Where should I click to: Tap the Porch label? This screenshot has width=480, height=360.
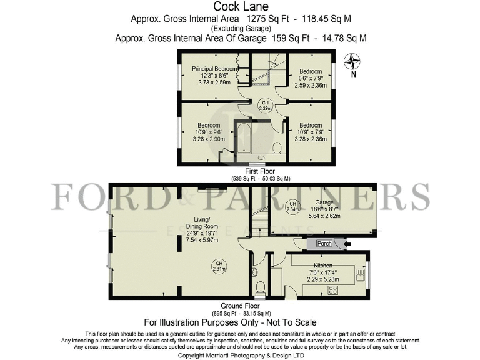point(324,243)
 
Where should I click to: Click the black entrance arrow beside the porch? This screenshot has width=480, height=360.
point(347,243)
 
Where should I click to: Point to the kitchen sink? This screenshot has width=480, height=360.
point(360,273)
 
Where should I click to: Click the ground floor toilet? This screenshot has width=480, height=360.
point(261,287)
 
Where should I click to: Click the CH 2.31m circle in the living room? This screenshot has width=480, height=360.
point(218,266)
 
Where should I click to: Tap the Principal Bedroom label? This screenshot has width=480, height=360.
point(215,69)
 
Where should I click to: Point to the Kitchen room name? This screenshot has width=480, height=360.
point(324,266)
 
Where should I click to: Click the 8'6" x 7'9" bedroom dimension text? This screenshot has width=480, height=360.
point(311,78)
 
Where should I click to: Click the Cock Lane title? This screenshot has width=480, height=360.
point(241,7)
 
